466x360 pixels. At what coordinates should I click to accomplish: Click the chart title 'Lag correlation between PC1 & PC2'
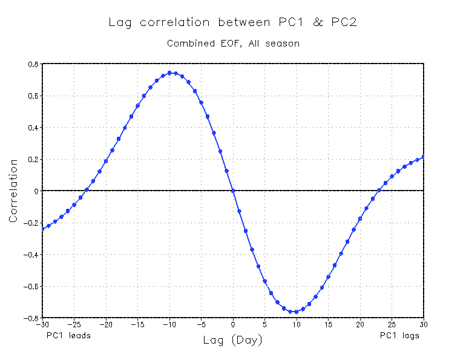(232, 23)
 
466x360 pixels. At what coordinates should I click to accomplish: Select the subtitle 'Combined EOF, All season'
(233, 44)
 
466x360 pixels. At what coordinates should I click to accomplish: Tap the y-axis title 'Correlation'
(13, 191)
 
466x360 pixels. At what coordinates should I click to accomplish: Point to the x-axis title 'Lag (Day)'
(232, 341)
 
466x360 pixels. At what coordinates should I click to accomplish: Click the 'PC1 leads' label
(68, 335)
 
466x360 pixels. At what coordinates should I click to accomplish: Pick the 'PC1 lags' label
(399, 335)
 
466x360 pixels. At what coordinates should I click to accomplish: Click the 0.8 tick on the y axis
(33, 64)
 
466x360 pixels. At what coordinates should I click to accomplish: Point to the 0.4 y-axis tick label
(33, 128)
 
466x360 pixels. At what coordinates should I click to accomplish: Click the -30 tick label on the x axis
(42, 325)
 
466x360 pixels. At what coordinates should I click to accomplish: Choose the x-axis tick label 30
(424, 325)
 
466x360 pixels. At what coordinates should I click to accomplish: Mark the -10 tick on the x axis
(169, 325)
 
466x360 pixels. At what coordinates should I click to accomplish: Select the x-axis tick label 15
(329, 325)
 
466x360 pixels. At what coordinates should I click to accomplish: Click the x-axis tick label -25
(74, 325)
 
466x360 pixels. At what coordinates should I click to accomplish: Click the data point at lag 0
(233, 191)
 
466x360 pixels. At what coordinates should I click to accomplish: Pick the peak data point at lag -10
(169, 73)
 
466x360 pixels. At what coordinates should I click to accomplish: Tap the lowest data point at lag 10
(297, 312)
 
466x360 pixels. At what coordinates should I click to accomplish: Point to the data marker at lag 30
(424, 157)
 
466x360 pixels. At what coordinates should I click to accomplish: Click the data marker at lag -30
(42, 229)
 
